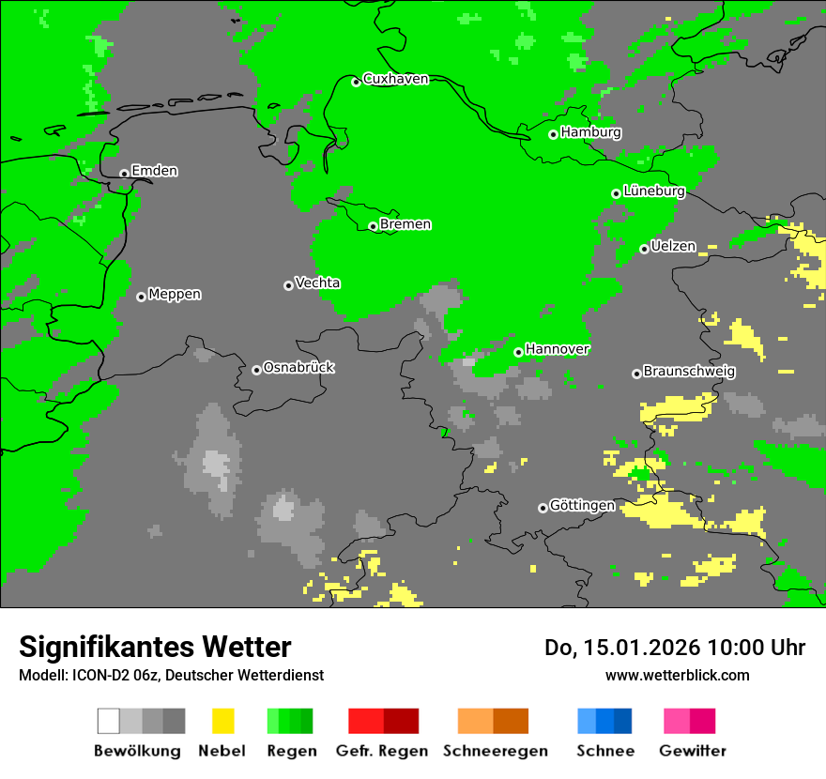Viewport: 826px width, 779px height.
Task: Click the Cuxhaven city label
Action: click(x=395, y=79)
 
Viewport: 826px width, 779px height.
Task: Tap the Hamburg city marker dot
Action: click(x=554, y=134)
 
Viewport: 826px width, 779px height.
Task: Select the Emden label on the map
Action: click(x=154, y=171)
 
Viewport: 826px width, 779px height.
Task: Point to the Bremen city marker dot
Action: click(x=373, y=226)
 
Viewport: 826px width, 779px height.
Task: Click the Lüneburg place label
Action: click(x=653, y=191)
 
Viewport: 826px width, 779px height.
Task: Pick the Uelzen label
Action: click(x=673, y=247)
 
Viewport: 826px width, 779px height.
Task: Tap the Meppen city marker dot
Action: click(x=141, y=297)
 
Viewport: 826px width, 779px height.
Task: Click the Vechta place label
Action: click(x=317, y=283)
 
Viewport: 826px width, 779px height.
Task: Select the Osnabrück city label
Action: click(x=298, y=368)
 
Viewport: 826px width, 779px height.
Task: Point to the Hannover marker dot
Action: click(x=518, y=352)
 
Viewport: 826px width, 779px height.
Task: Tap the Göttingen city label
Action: click(x=582, y=506)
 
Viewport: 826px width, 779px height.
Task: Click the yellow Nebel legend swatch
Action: click(x=222, y=721)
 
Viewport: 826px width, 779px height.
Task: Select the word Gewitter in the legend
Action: click(x=692, y=751)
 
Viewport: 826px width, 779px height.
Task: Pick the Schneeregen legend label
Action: click(x=495, y=751)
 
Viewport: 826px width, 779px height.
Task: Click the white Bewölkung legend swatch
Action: click(x=109, y=721)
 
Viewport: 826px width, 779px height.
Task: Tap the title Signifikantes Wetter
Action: click(x=155, y=648)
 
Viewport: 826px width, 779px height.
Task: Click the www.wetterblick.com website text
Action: click(x=677, y=676)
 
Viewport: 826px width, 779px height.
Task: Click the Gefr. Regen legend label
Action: click(x=382, y=751)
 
